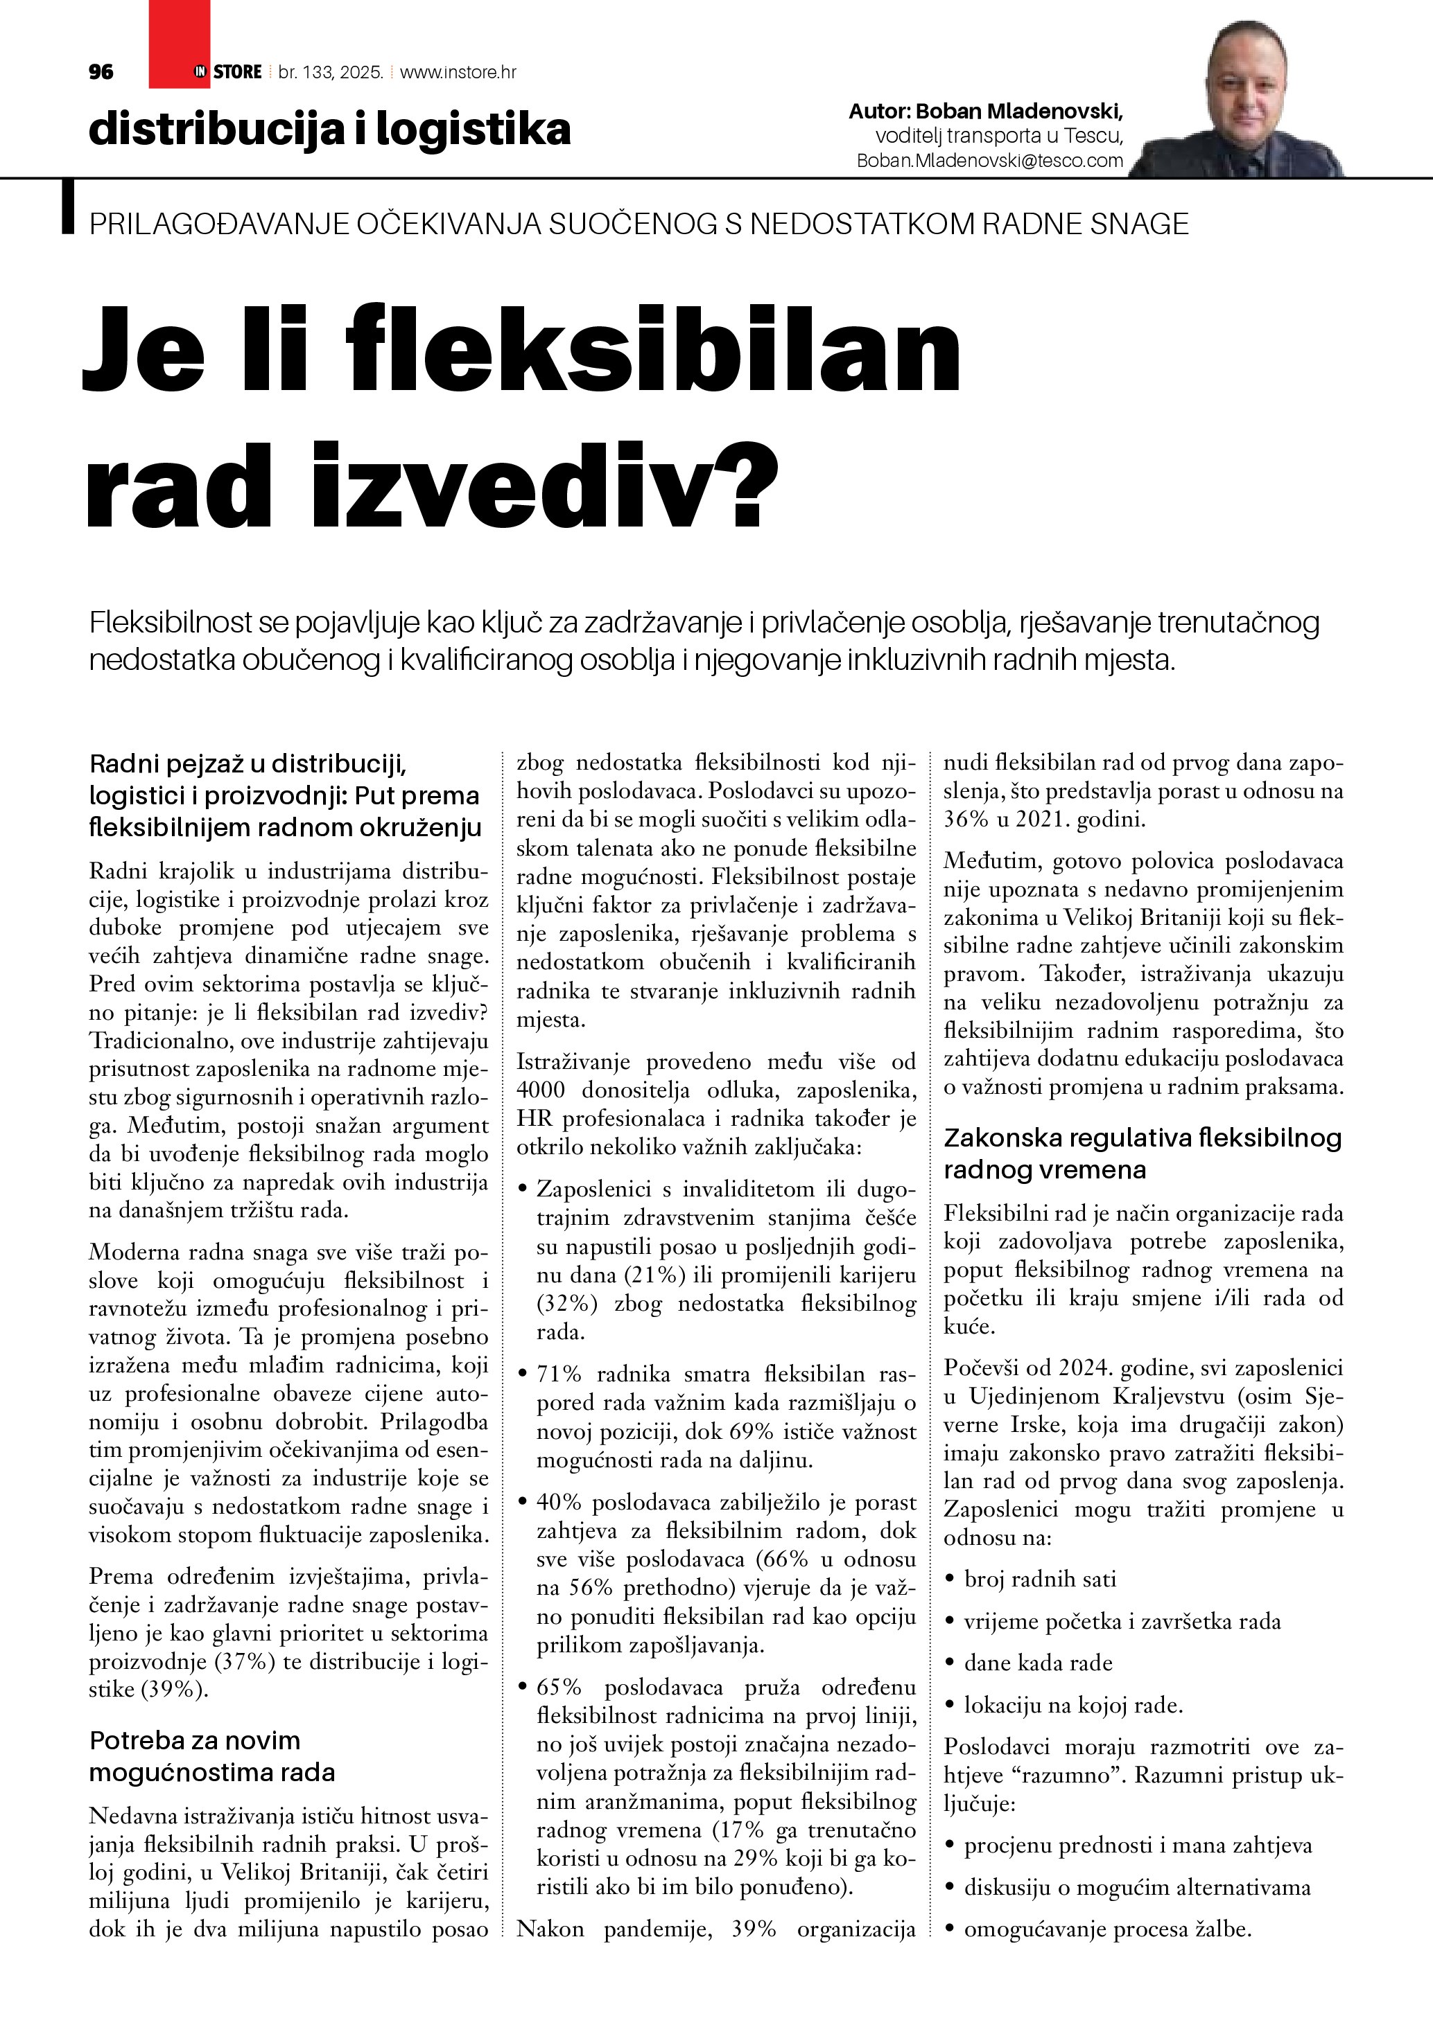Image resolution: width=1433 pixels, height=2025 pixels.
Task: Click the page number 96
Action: (101, 72)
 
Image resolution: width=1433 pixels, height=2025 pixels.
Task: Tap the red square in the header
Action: (179, 44)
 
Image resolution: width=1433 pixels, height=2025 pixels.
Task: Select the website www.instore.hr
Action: (458, 72)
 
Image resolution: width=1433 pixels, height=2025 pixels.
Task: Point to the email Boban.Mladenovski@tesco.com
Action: (990, 161)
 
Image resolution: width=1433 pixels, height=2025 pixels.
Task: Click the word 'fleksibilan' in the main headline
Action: (653, 349)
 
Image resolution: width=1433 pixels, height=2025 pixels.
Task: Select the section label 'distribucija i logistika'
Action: (329, 129)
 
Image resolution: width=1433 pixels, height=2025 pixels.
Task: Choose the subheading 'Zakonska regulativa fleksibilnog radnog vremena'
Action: (1142, 1153)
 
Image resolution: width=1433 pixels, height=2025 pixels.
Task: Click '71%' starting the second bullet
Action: (559, 1374)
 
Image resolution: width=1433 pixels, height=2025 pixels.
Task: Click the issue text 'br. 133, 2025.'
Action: (330, 72)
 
